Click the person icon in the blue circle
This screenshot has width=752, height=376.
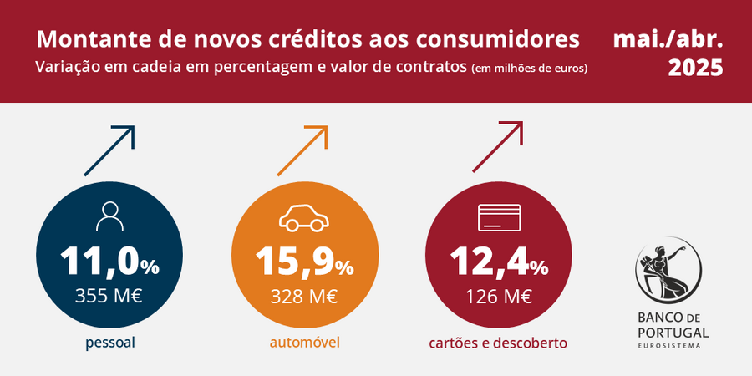pos(109,216)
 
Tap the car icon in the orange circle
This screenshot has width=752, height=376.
pos(303,217)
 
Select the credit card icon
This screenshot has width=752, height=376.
pos(499,218)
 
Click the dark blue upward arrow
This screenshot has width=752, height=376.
pos(109,150)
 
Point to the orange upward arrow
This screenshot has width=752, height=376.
pos(302,150)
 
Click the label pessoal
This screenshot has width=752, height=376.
pos(109,343)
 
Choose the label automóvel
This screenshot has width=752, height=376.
pos(304,343)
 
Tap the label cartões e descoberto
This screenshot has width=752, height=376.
pos(498,343)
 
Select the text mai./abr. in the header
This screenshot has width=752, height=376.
pos(668,38)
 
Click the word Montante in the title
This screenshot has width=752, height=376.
pos(86,39)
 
